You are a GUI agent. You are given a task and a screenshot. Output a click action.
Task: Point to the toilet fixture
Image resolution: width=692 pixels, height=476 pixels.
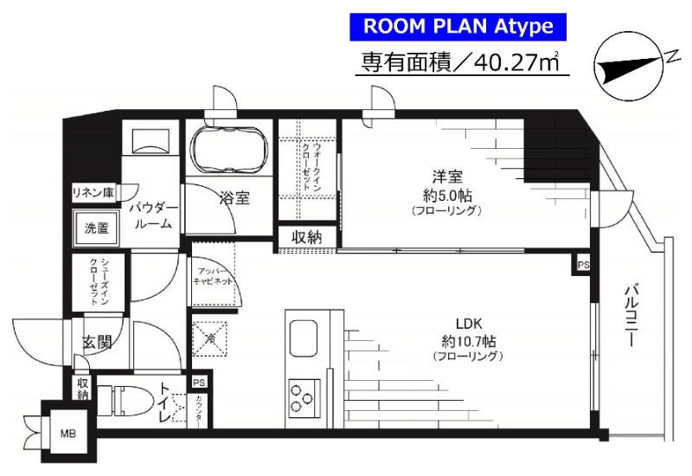point(125,402)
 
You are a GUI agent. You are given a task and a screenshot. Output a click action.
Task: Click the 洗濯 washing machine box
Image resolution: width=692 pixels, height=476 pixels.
point(97,229)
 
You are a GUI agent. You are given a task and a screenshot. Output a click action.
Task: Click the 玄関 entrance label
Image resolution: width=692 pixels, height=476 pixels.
point(97,342)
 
